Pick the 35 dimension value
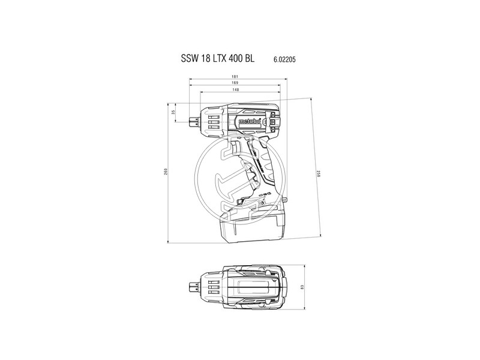173,112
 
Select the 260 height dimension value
165,173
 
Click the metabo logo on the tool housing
250,121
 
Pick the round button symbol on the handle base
263,194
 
